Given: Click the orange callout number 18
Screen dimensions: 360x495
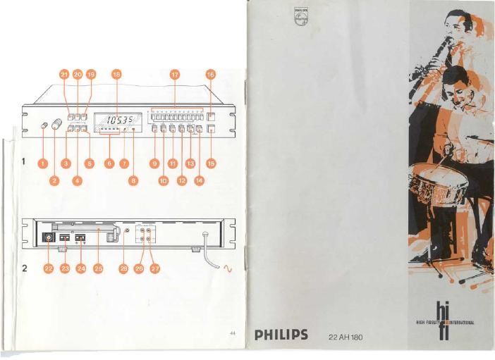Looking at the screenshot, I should pos(116,73).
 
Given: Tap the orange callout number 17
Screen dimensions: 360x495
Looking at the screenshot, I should pos(175,73).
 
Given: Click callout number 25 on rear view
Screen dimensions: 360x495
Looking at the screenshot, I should pos(99,268).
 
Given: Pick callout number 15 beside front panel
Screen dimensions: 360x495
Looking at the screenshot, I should pos(210,163).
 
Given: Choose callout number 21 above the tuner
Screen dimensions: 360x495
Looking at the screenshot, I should pos(63,73).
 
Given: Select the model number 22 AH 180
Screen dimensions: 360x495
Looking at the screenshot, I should pos(346,336).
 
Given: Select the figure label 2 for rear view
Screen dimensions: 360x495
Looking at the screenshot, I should pos(24,268).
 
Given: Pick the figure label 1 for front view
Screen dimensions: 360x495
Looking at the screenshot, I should pos(24,162).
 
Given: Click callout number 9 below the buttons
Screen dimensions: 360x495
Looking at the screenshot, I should pos(154,163).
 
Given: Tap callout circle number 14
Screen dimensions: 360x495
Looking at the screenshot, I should pos(198,181).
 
